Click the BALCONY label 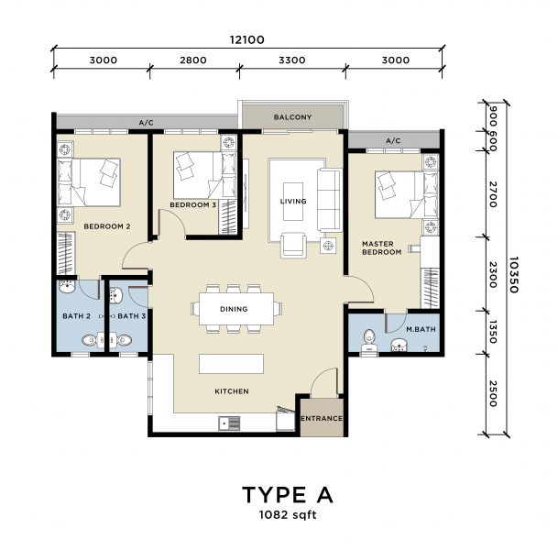(293, 117)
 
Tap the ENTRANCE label (322, 419)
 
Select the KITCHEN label (232, 391)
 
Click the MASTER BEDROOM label (382, 247)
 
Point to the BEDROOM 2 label (107, 225)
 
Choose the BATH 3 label (132, 316)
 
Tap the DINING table (234, 309)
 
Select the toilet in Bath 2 (88, 341)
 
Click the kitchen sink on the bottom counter (229, 423)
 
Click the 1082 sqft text (287, 517)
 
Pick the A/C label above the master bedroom (393, 141)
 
